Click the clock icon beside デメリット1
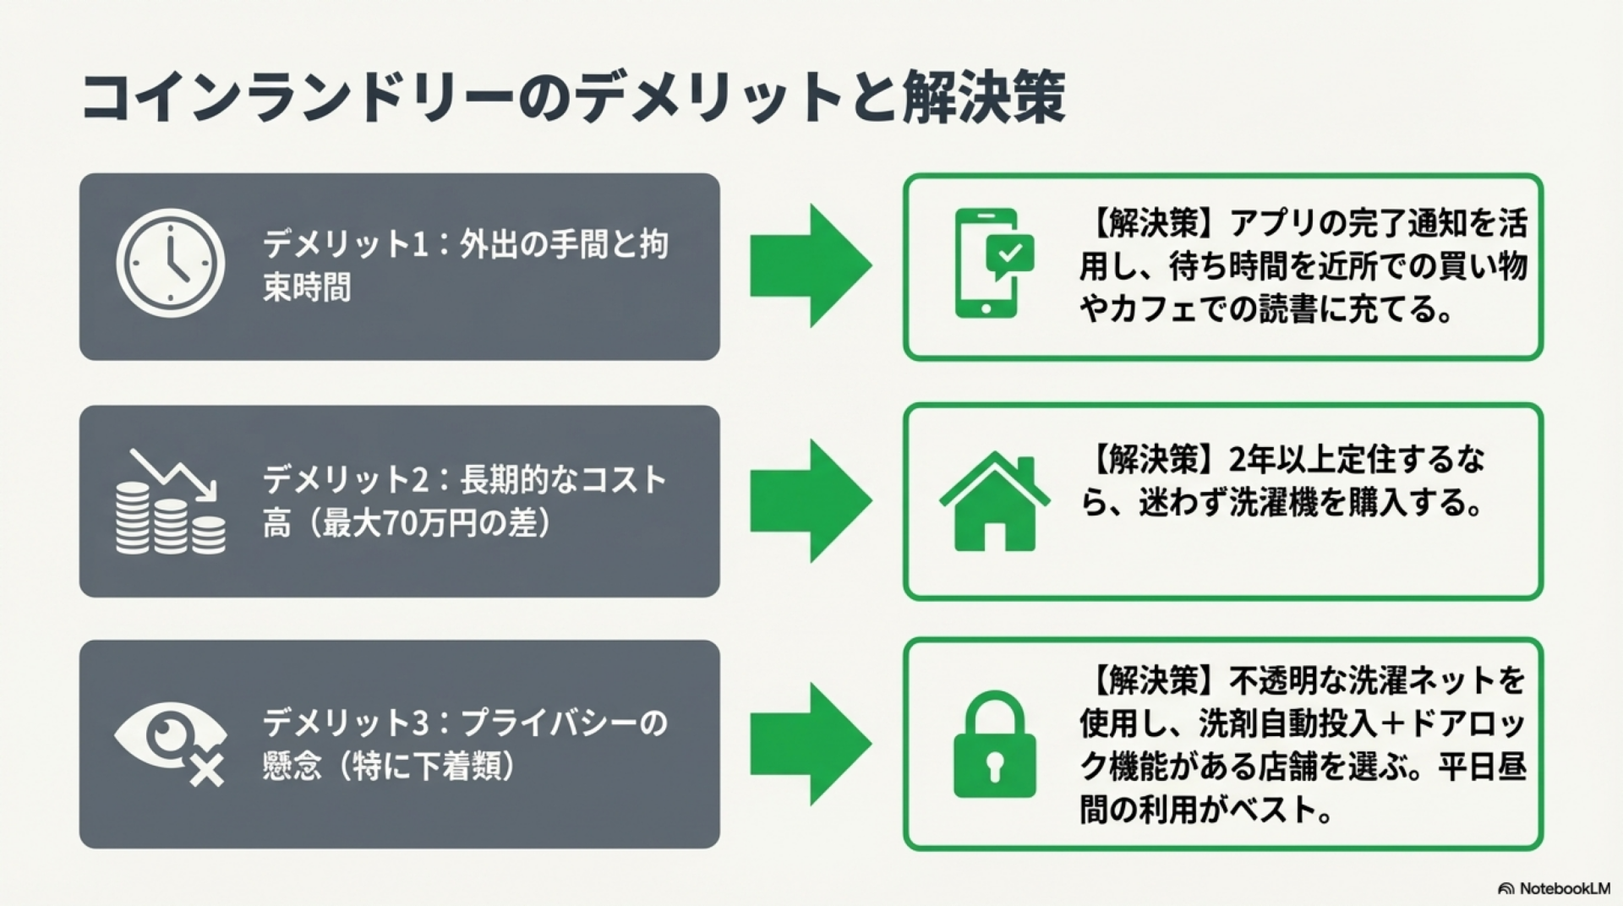170,263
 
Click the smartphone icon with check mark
993,263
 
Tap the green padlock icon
994,745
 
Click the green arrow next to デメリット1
810,265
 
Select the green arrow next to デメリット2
810,500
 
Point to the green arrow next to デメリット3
810,744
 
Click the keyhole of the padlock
994,766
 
